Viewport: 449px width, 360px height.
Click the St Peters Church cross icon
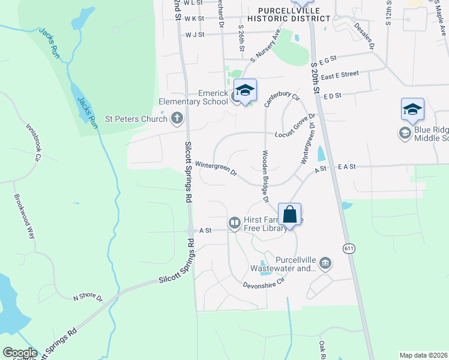coord(177,118)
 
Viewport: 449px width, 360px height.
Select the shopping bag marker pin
coord(289,215)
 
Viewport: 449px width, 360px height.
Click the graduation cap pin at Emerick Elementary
coord(244,91)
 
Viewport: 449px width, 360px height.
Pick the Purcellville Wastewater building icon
coord(325,262)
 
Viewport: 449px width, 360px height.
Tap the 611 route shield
coord(349,248)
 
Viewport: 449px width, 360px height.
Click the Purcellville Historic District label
coord(294,14)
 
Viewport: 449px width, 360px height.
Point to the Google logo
coord(20,352)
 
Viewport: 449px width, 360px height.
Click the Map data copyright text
coord(424,355)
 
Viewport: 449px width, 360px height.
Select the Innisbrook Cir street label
coord(33,143)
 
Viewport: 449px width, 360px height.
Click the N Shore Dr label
coord(88,298)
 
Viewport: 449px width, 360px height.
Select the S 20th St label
coord(314,73)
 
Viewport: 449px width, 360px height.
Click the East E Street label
coord(339,74)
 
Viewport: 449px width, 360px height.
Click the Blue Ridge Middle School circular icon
coord(405,131)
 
